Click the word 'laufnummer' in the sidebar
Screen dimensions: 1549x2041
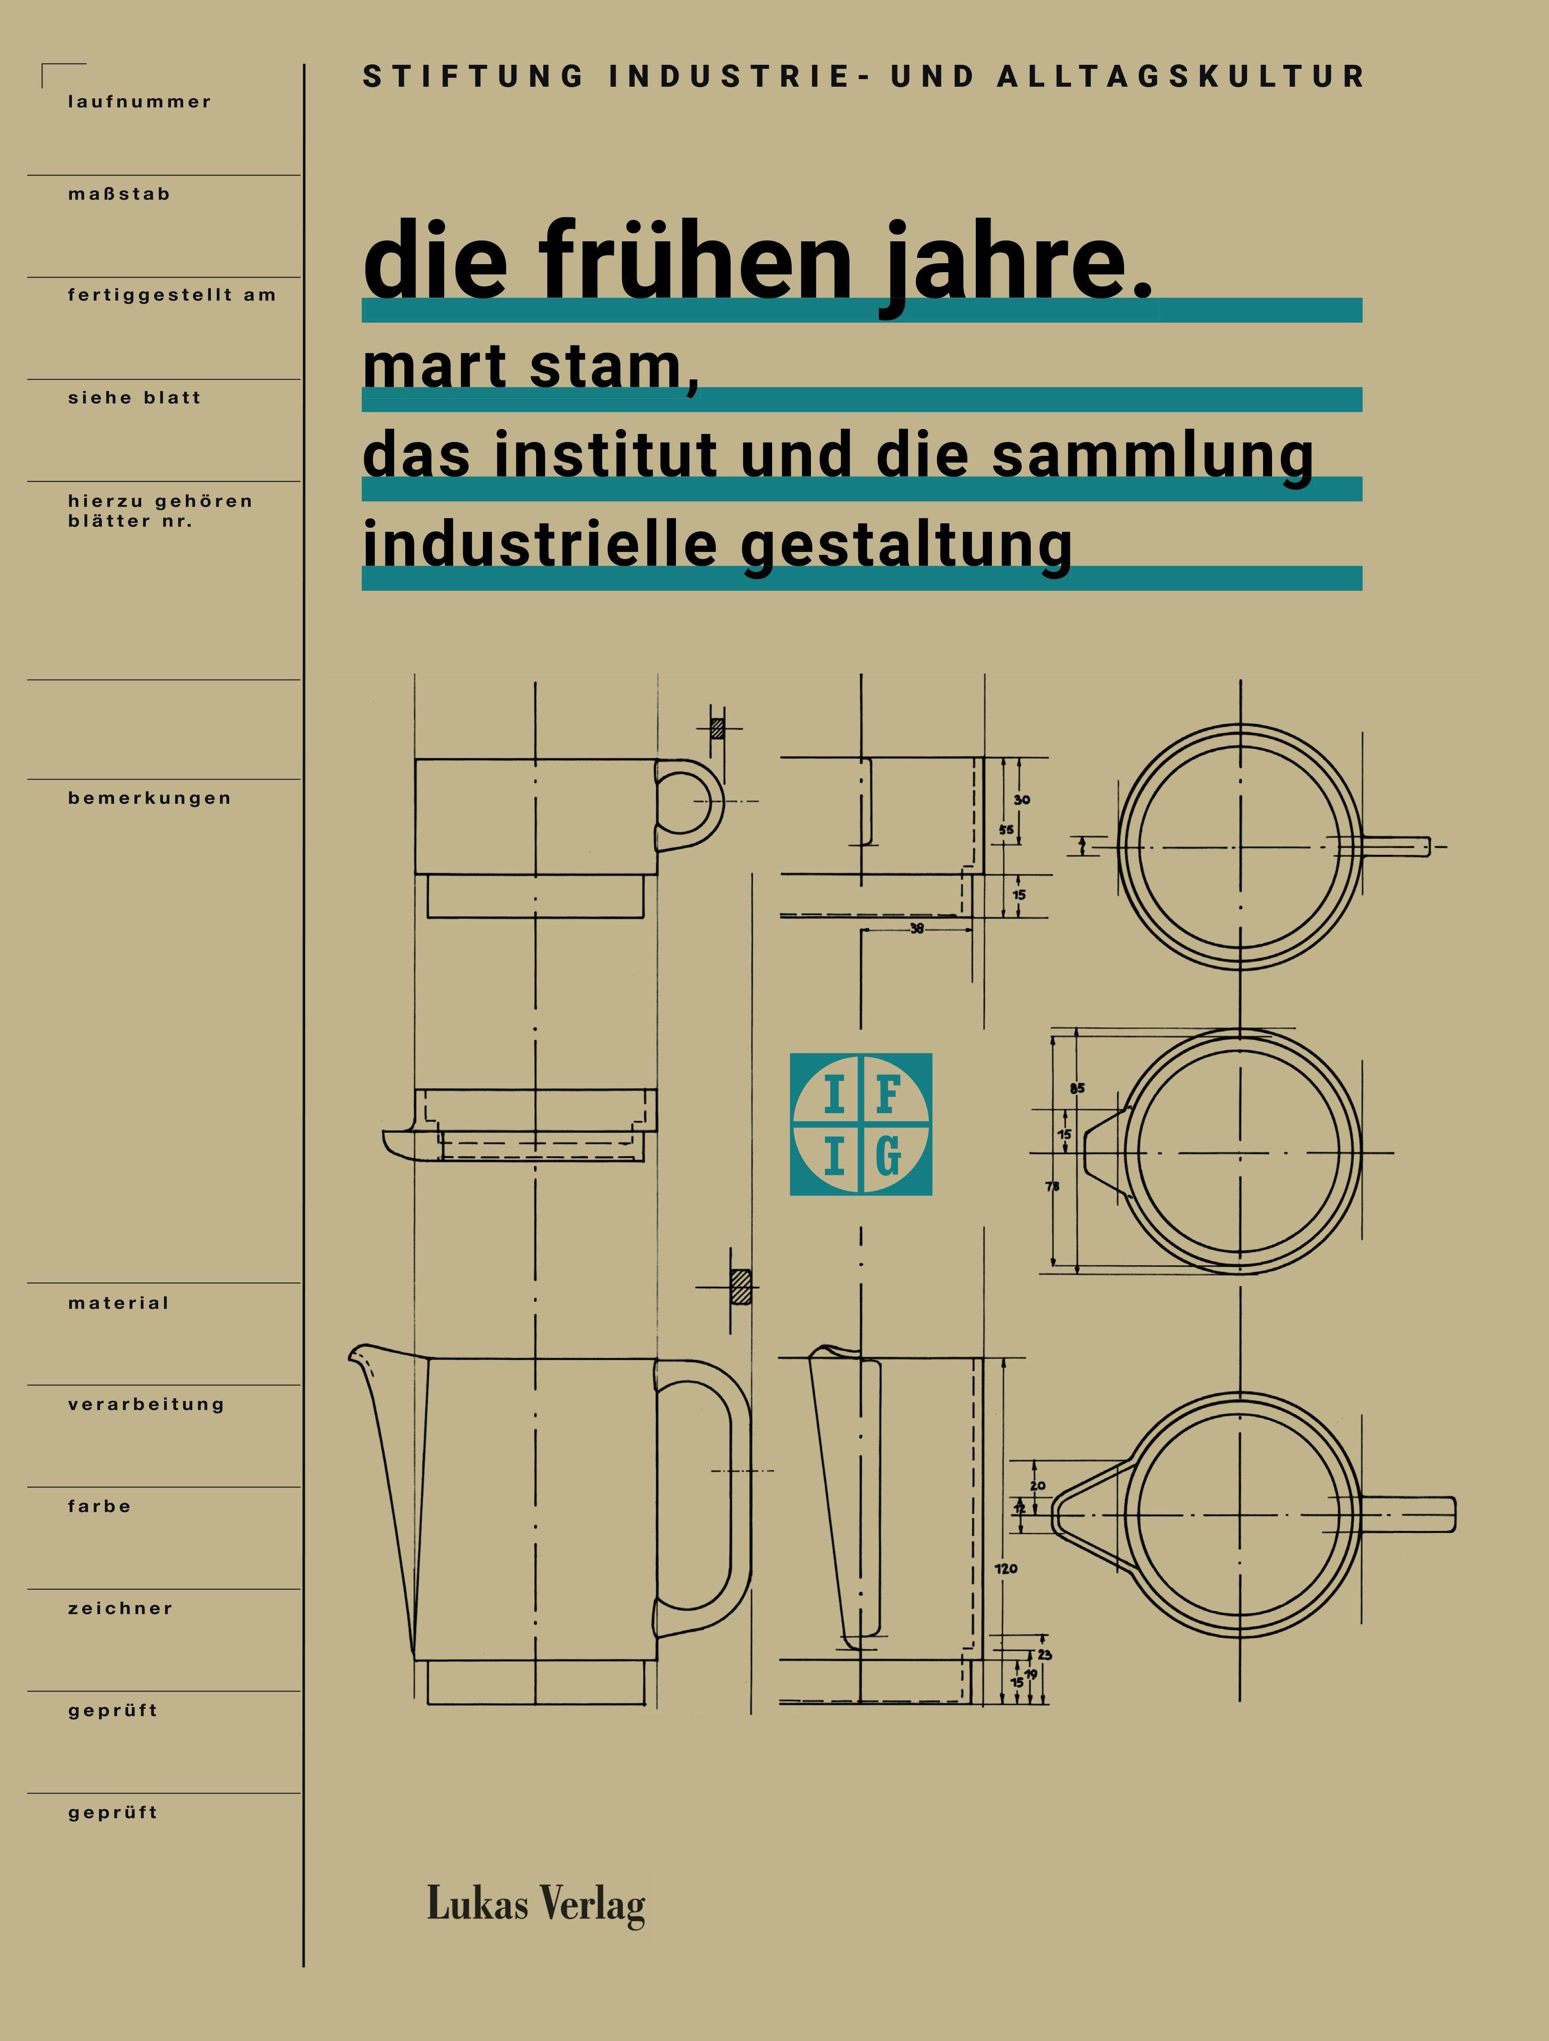coord(139,101)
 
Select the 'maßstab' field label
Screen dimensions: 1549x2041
coord(119,194)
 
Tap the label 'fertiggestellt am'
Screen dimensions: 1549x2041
coord(172,295)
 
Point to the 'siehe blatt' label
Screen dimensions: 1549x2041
coord(134,398)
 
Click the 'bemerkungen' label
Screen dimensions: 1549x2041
coord(150,798)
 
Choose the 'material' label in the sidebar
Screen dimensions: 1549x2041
coord(118,1303)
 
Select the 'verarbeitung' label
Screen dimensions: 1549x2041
coord(146,1404)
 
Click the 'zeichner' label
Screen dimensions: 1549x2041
coord(120,1608)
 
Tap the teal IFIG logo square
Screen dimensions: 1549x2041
coord(861,1124)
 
